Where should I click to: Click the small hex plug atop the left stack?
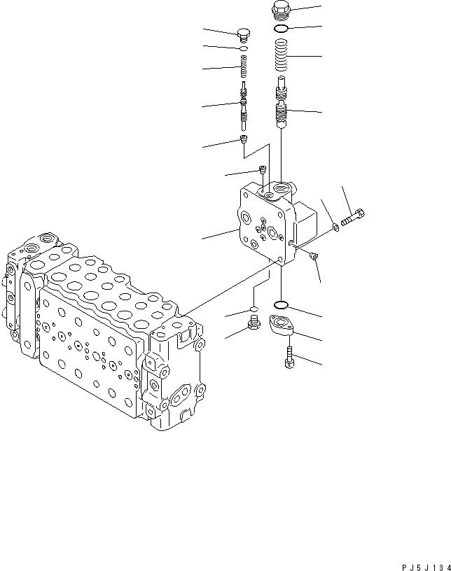point(244,34)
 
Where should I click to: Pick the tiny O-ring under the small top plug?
point(244,49)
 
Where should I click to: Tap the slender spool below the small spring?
point(244,105)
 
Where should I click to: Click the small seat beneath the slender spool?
point(244,141)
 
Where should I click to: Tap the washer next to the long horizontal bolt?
point(337,226)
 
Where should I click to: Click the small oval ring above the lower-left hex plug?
point(254,308)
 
